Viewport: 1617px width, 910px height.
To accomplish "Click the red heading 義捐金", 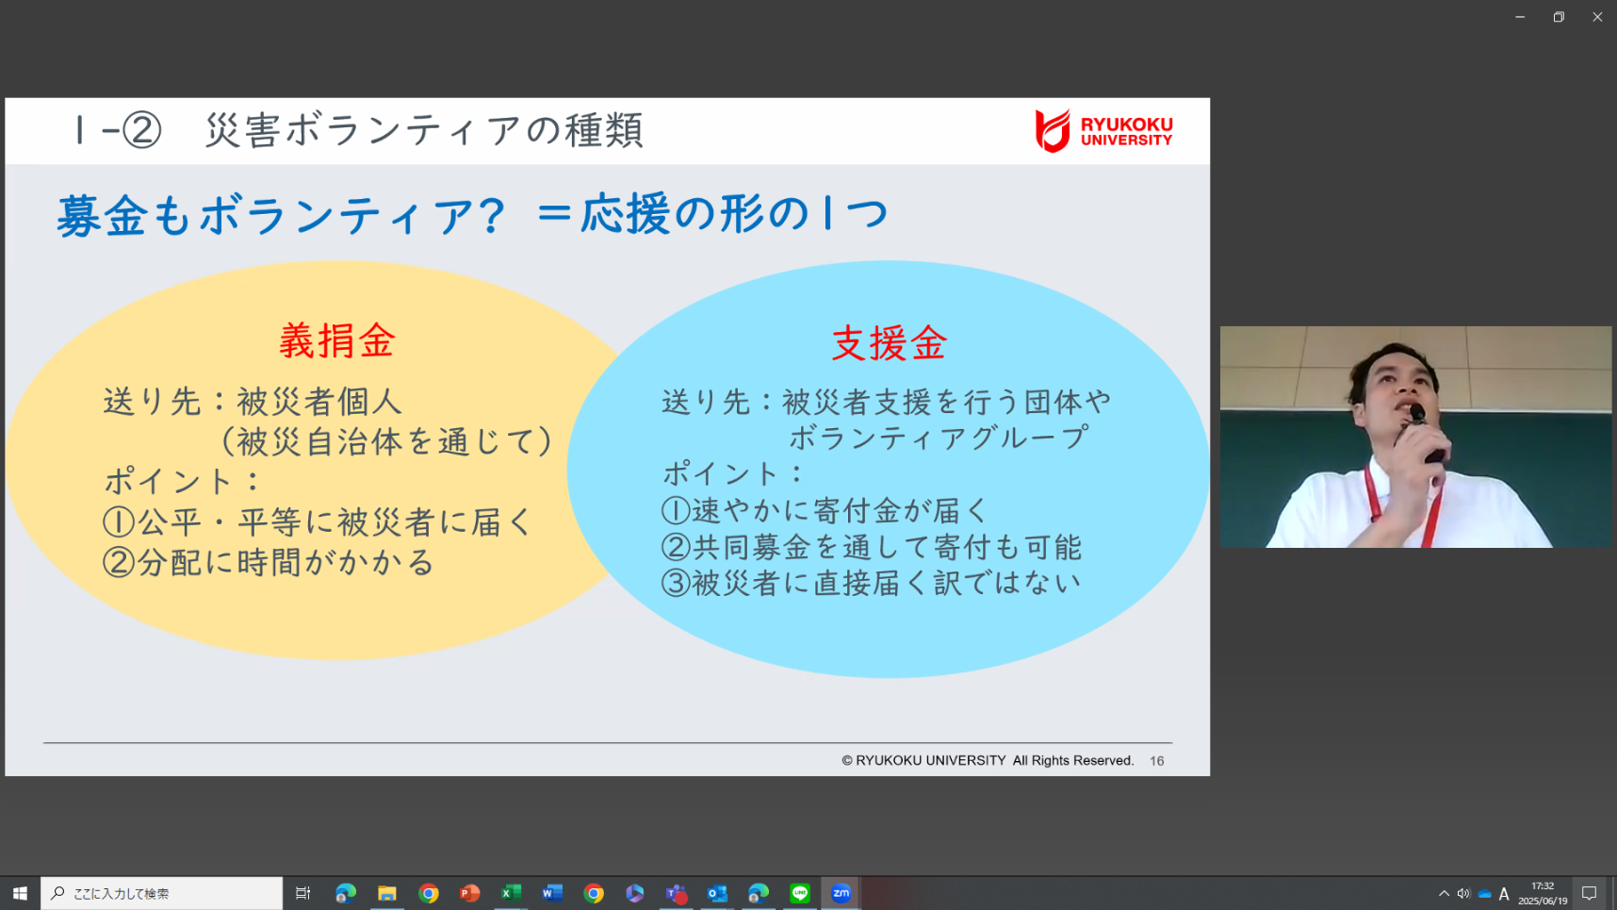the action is (336, 340).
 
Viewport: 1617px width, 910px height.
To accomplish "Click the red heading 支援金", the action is (889, 343).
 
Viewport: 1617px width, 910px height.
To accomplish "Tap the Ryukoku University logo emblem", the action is (1053, 131).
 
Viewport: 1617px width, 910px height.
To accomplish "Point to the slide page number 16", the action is (1156, 761).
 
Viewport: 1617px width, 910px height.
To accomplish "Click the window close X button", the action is (1597, 17).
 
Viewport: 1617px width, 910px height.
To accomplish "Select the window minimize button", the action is (1520, 17).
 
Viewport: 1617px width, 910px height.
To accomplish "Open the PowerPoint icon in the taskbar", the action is (469, 893).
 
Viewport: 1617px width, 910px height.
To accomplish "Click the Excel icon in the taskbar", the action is (511, 893).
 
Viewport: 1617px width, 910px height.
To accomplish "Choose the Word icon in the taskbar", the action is (552, 893).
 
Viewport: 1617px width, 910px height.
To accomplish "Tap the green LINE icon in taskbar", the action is (800, 893).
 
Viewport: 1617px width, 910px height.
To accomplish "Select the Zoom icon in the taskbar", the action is (841, 893).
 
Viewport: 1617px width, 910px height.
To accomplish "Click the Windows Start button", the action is (20, 893).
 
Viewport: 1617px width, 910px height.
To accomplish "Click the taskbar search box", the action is (162, 893).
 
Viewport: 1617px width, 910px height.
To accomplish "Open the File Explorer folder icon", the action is (386, 893).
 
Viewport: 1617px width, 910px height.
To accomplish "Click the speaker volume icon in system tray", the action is (1463, 894).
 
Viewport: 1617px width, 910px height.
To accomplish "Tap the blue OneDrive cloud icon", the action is (1484, 894).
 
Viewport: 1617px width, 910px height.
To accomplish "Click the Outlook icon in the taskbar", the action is (717, 893).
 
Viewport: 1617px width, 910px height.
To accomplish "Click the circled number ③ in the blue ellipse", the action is (676, 583).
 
